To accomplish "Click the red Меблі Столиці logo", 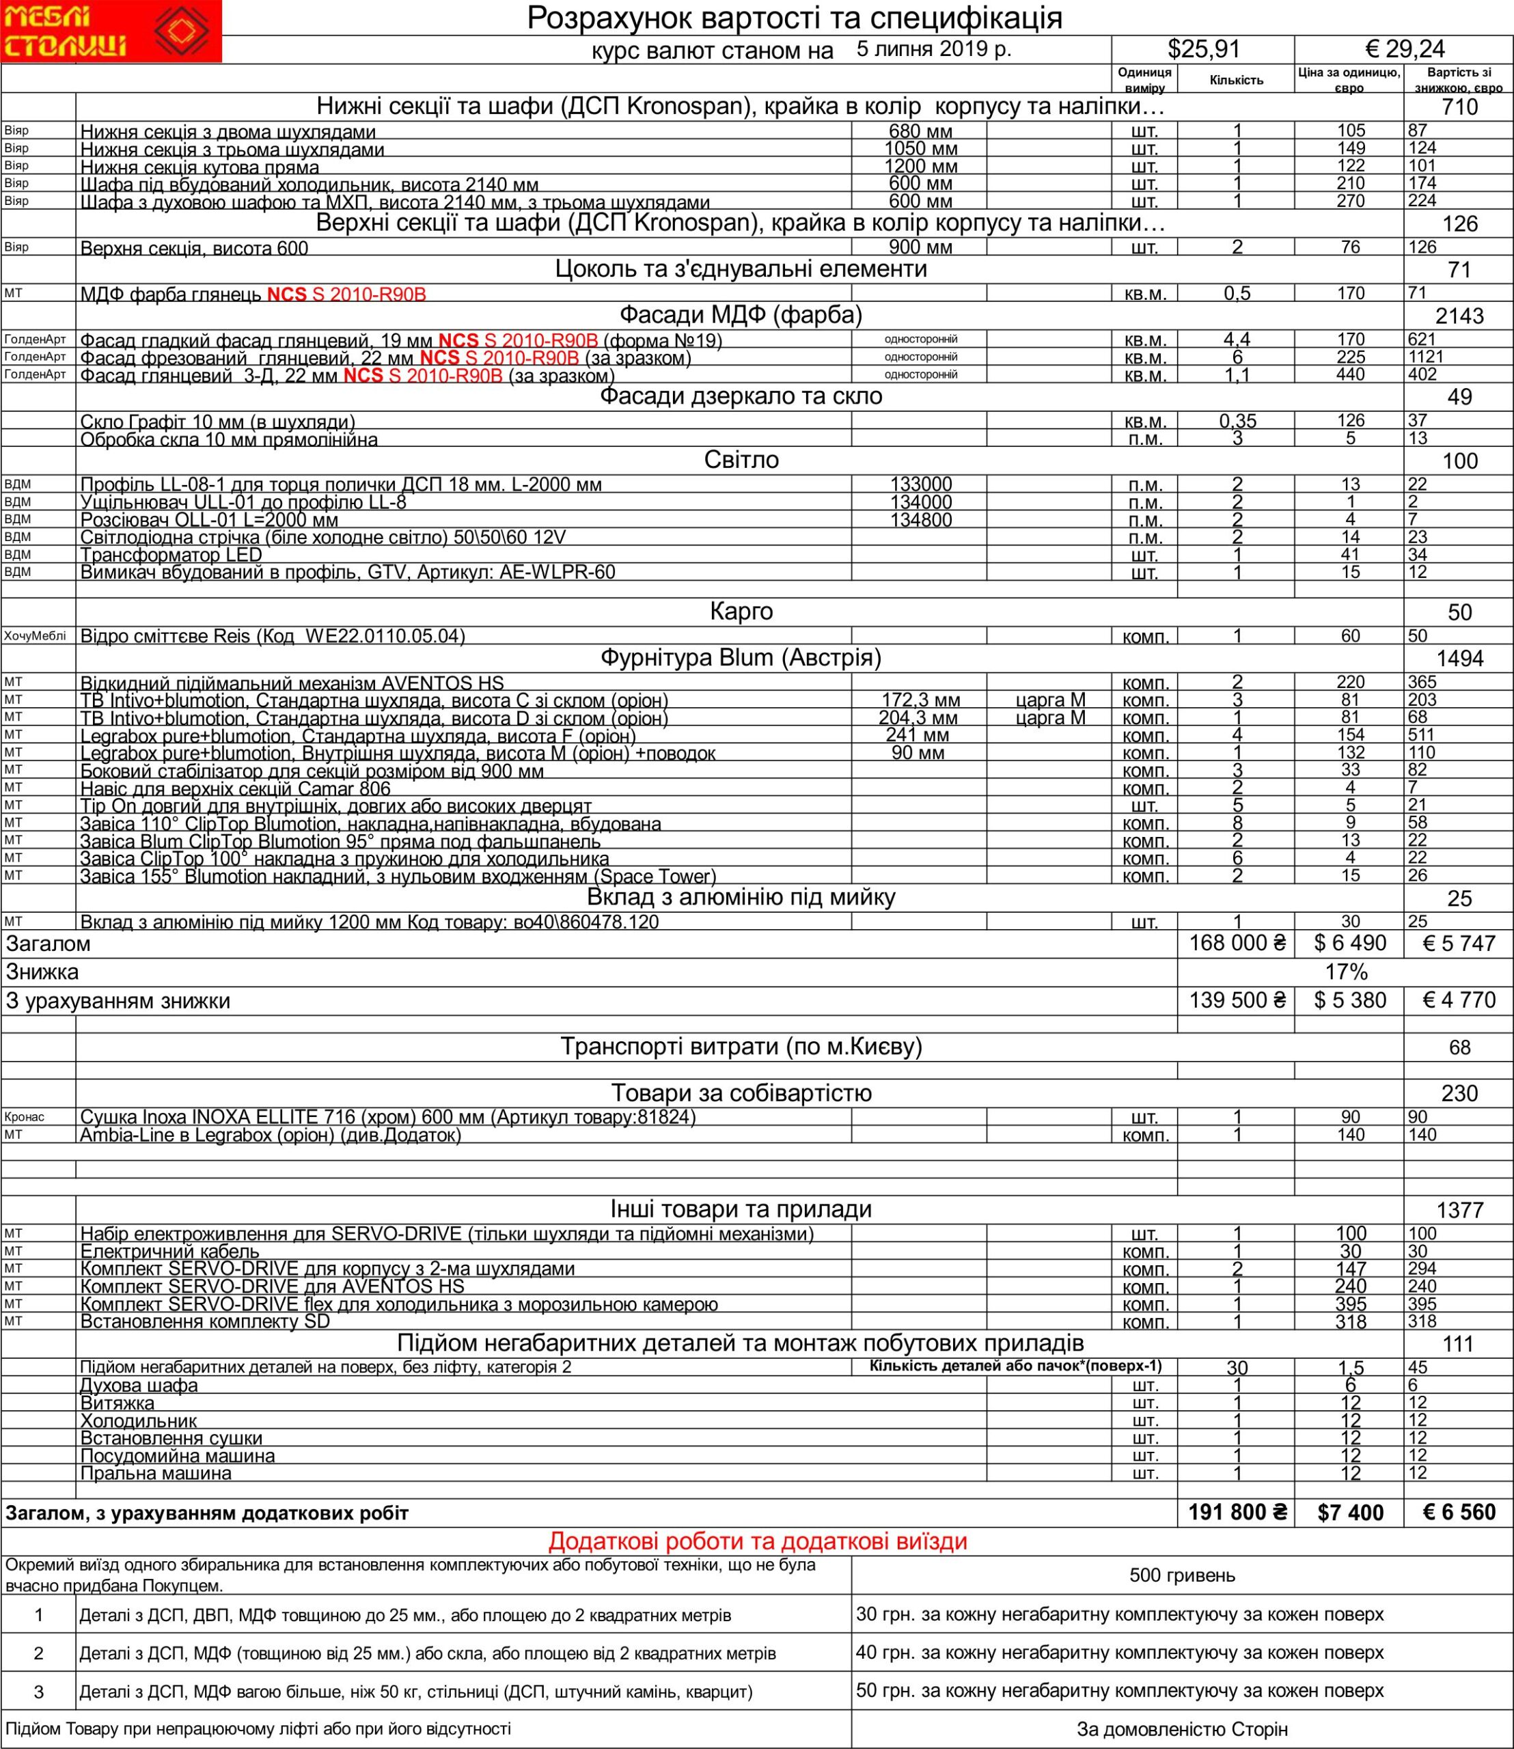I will coord(111,31).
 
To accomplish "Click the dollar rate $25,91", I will coord(1203,50).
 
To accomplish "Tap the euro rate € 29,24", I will coord(1403,50).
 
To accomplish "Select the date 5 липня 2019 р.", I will coord(933,49).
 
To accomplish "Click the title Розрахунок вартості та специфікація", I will coord(794,18).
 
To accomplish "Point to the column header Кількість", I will coord(1236,80).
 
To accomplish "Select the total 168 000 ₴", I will coord(1237,943).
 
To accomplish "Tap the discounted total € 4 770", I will coord(1458,1000).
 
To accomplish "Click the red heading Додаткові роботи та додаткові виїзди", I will coord(757,1542).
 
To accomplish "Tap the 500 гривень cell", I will coord(1182,1575).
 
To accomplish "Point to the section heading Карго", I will coord(741,611).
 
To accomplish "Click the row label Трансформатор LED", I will coord(171,554).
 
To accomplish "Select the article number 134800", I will coord(921,520).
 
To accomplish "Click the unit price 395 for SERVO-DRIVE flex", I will coord(1350,1304).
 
